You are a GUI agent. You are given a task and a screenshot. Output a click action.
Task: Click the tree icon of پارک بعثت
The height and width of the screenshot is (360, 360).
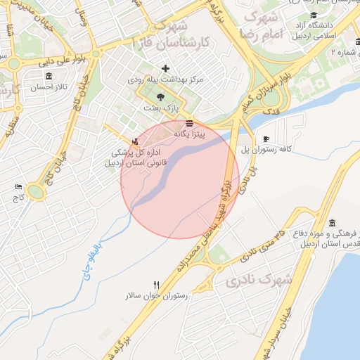click(x=161, y=98)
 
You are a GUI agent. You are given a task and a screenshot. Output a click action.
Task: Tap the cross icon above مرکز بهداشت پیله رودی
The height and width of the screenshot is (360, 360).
click(x=165, y=68)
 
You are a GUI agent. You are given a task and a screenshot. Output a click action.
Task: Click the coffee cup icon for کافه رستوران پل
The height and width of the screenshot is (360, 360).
click(x=265, y=139)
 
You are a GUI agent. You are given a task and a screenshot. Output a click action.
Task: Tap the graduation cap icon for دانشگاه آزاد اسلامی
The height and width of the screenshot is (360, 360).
click(x=313, y=15)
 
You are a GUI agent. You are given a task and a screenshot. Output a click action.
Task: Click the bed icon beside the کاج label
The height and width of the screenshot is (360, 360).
click(x=18, y=187)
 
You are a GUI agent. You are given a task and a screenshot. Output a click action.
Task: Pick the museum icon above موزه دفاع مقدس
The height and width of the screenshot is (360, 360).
click(x=332, y=222)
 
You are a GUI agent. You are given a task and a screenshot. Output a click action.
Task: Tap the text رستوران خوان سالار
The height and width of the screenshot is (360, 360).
click(x=156, y=296)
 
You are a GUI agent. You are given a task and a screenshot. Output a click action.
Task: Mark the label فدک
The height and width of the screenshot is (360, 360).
click(x=269, y=112)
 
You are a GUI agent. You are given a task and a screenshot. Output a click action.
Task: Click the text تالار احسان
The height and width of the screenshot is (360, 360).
click(x=47, y=86)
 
